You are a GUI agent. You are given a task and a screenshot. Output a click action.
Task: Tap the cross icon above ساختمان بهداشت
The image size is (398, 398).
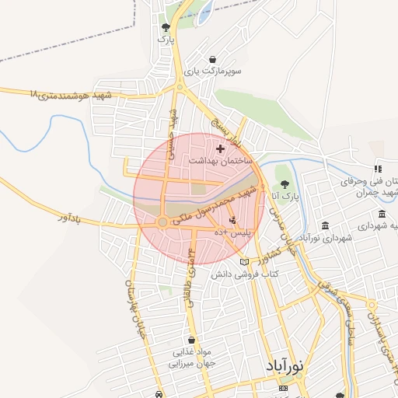click(x=220, y=148)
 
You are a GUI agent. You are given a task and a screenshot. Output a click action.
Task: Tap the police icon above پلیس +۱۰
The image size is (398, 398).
click(x=232, y=221)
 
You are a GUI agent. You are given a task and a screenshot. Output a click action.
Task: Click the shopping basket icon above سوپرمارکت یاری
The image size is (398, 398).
click(x=213, y=59)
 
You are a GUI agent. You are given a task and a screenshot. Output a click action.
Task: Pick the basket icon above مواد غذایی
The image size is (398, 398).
click(x=191, y=340)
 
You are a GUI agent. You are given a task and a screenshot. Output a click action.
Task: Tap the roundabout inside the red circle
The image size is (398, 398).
click(x=162, y=223)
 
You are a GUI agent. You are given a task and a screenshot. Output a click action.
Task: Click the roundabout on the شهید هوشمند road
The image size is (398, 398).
click(x=178, y=87)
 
